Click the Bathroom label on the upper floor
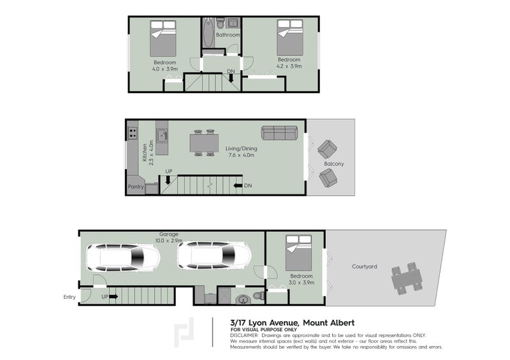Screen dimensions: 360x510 [227, 35]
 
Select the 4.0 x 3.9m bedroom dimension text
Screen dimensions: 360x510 [164, 68]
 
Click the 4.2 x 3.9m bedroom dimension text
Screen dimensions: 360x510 [288, 66]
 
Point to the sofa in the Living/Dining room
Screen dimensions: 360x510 [279, 133]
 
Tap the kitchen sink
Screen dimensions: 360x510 [162, 135]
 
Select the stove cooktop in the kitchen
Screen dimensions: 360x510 [133, 133]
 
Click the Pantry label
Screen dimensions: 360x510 [135, 187]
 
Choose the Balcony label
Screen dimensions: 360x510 [333, 164]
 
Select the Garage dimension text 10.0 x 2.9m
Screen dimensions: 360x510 [170, 241]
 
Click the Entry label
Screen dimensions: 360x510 [69, 297]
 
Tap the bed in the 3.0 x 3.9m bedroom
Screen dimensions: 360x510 [299, 254]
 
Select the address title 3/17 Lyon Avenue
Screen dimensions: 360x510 [264, 322]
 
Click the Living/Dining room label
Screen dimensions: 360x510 [240, 148]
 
